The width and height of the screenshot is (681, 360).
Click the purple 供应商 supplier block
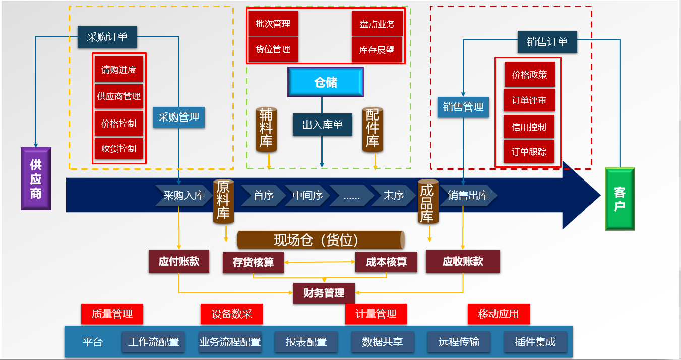(x=36, y=178)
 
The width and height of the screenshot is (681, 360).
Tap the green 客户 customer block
(x=620, y=199)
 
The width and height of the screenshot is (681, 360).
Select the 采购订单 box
(x=107, y=37)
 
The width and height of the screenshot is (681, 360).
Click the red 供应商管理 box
(x=119, y=96)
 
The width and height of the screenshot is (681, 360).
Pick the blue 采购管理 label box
(x=179, y=117)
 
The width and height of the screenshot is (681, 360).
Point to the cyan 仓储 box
(x=326, y=82)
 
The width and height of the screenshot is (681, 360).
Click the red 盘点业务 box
(x=377, y=24)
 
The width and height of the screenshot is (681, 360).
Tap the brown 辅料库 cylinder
(x=266, y=129)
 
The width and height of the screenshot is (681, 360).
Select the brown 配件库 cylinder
(x=373, y=129)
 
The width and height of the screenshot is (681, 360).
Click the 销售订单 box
(x=547, y=42)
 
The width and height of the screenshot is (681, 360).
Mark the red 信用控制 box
(x=529, y=127)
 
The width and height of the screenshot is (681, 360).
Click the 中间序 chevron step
(x=307, y=195)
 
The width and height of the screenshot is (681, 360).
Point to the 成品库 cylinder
(x=427, y=202)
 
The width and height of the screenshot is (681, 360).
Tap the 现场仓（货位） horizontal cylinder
(x=321, y=240)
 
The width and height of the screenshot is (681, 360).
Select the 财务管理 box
(x=324, y=293)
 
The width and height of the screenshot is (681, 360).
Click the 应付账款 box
(x=179, y=261)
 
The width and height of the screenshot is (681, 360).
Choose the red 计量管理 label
(x=376, y=314)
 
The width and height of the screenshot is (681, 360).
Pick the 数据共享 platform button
(x=383, y=342)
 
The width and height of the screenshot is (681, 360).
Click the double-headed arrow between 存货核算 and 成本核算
(x=320, y=262)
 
